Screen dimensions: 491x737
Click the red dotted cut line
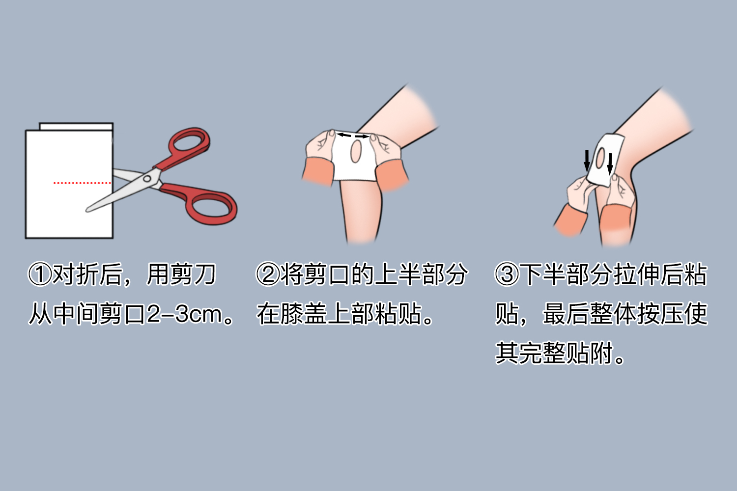tap(82, 183)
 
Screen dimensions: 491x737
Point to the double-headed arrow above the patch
tap(352, 135)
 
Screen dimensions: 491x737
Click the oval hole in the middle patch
tap(356, 152)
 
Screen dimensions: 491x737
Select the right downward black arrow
tap(610, 164)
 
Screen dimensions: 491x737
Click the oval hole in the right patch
tap(600, 158)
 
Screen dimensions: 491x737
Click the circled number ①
tap(40, 274)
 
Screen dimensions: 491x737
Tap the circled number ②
tap(268, 274)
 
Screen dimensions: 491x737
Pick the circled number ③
tap(507, 274)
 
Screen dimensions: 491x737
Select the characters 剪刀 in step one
tap(193, 274)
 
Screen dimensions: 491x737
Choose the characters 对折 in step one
tap(76, 274)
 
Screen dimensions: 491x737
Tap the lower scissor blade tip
tap(88, 210)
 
